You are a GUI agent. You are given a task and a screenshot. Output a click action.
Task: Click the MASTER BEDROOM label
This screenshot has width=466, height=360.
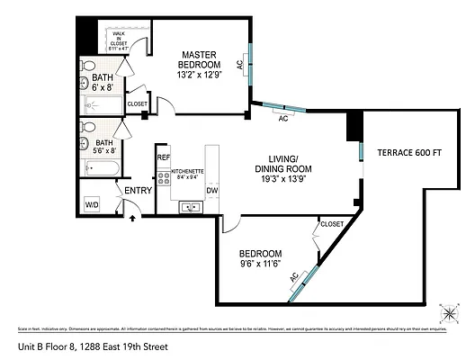pyautogui.click(x=200, y=59)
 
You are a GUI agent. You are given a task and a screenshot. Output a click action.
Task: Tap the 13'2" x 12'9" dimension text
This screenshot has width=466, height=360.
pyautogui.click(x=200, y=76)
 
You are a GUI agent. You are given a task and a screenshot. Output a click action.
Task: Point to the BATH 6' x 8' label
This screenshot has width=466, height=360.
pyautogui.click(x=103, y=83)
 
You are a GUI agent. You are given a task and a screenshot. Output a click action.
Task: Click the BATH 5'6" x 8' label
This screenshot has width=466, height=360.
pyautogui.click(x=104, y=147)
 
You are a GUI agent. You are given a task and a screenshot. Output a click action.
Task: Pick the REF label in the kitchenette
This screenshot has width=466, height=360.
pyautogui.click(x=164, y=157)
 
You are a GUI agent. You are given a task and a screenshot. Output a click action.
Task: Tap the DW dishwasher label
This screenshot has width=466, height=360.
pyautogui.click(x=212, y=191)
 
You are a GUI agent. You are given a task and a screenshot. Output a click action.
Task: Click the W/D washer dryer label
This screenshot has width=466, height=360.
pyautogui.click(x=92, y=205)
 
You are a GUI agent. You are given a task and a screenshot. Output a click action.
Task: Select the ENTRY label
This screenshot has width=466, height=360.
pyautogui.click(x=138, y=190)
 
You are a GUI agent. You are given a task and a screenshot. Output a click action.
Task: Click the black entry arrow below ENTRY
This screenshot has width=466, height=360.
pyautogui.click(x=133, y=216)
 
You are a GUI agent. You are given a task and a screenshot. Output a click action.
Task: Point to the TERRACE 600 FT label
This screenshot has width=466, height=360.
pyautogui.click(x=408, y=152)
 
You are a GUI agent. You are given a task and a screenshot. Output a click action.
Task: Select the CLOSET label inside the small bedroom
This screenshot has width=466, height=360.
pyautogui.click(x=332, y=223)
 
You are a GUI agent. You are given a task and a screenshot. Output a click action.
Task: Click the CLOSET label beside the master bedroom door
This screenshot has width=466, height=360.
pyautogui.click(x=137, y=104)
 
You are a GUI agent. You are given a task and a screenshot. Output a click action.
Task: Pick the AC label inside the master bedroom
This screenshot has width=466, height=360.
pyautogui.click(x=239, y=64)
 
